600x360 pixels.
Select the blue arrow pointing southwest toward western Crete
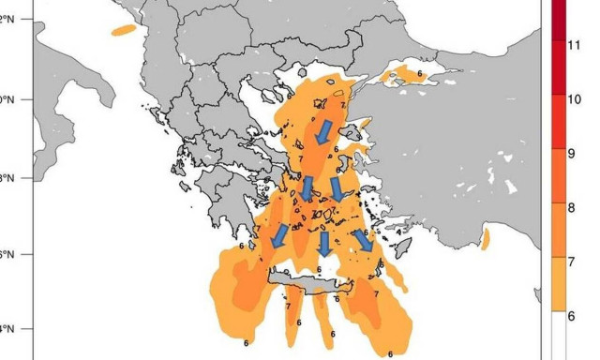[x=278, y=239]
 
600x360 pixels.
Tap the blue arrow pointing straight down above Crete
[x=323, y=244]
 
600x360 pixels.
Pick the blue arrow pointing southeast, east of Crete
[x=363, y=241]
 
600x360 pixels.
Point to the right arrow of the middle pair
[x=336, y=189]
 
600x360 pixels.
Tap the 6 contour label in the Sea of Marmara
[x=419, y=72]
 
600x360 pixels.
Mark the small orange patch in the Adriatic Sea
[x=123, y=30]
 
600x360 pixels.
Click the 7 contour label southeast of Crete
[x=376, y=293]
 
